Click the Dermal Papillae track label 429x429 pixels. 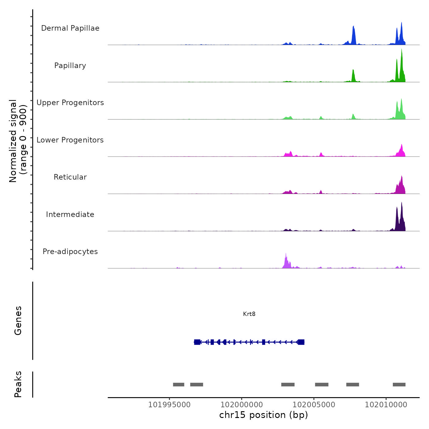tap(70, 28)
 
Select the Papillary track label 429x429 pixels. tap(70, 66)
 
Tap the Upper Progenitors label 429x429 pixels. tap(70, 103)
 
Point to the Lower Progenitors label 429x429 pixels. tap(70, 140)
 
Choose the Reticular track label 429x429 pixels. tap(70, 177)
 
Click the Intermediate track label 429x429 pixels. tap(70, 214)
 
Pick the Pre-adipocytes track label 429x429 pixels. tap(70, 252)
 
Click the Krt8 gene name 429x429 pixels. tap(249, 314)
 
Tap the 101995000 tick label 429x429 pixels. tap(169, 405)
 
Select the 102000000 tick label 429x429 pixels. tap(241, 405)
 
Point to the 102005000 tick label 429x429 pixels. tap(314, 405)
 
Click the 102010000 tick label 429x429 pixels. tap(386, 405)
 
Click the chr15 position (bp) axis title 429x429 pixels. tap(264, 415)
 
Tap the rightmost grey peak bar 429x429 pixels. tap(399, 385)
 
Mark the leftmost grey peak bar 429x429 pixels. tap(179, 385)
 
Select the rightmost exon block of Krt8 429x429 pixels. tap(301, 342)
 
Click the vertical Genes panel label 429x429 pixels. tap(18, 321)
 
